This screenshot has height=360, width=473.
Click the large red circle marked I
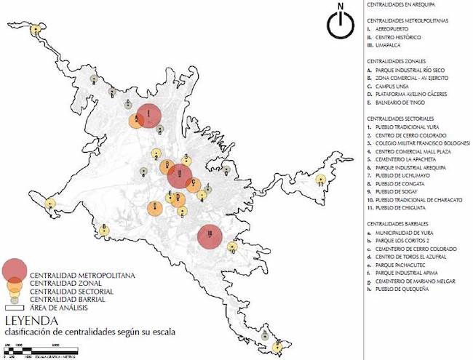coord(148,115)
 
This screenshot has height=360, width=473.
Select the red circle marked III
coord(210,236)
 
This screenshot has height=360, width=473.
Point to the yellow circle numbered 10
coord(232,247)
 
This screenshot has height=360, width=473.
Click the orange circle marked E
coord(155,209)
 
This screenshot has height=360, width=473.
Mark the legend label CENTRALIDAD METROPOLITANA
coord(76,274)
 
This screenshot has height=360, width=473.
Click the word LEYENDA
coord(28,320)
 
